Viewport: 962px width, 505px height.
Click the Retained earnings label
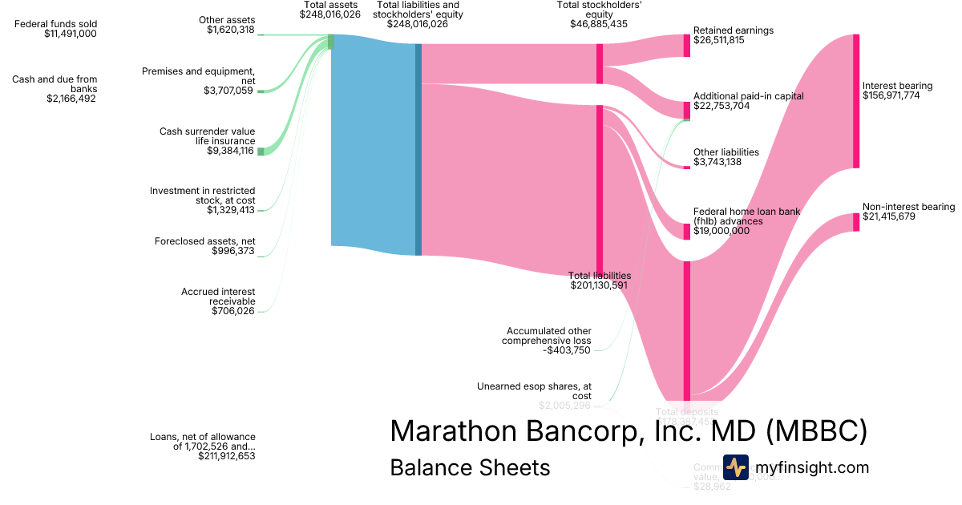[x=733, y=30]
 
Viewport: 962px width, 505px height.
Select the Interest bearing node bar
[x=856, y=101]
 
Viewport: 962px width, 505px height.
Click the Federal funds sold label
[x=56, y=24]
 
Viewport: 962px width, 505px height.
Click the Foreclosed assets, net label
[x=204, y=241]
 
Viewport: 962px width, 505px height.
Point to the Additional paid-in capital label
[x=748, y=96]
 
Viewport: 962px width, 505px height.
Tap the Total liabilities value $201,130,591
[x=599, y=285]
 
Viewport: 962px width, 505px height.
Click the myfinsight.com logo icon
[x=735, y=467]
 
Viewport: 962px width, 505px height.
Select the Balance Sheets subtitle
[x=470, y=468]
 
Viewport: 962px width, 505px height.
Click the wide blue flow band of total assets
[x=373, y=144]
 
